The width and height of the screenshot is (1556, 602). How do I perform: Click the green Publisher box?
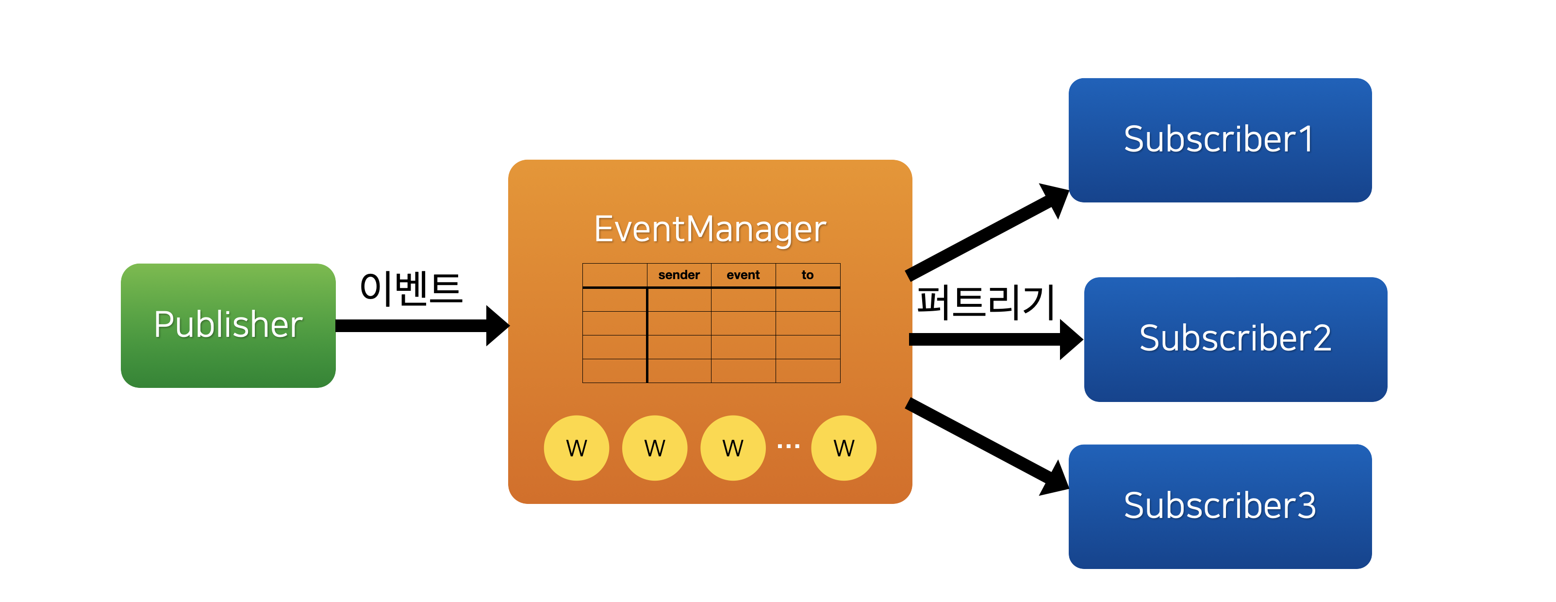tap(228, 325)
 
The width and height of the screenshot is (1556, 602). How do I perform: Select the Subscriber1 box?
tap(1220, 140)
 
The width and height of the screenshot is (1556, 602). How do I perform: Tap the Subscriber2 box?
tap(1235, 338)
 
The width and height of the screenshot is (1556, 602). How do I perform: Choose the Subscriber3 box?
tap(1220, 506)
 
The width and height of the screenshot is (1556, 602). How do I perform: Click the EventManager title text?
tap(710, 229)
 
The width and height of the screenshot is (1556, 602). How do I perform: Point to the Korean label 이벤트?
tap(411, 288)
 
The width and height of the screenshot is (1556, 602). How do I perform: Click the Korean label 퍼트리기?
tap(985, 301)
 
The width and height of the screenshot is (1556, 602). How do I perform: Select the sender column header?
tap(679, 275)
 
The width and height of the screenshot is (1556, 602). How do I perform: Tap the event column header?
tap(743, 275)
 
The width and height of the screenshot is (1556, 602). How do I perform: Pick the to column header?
tap(808, 275)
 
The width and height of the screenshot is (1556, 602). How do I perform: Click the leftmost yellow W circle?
tap(576, 448)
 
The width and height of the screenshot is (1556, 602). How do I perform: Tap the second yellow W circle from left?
tap(655, 448)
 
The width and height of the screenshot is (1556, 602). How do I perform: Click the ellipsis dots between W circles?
tap(788, 446)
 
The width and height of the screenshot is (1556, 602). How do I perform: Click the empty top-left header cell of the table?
tap(614, 275)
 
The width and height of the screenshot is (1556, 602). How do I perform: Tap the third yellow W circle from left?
tap(733, 448)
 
